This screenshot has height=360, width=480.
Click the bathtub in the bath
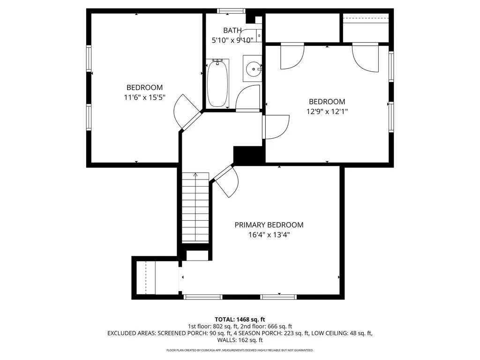[x=217, y=83]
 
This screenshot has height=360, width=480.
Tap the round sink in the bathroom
[x=254, y=69]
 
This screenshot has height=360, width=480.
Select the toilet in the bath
[x=251, y=35]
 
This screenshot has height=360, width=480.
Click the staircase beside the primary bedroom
[x=195, y=208]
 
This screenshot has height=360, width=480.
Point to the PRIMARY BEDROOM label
[x=269, y=225]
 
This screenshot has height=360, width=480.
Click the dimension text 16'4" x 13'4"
[x=269, y=235]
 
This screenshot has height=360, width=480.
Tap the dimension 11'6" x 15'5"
[x=144, y=97]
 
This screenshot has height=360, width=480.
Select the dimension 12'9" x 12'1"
[x=327, y=112]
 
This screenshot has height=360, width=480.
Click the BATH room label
[x=232, y=30]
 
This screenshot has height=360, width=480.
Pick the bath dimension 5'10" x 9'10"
[x=232, y=40]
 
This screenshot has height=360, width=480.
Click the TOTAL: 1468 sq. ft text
[x=240, y=320]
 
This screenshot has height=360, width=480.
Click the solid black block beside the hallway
[x=248, y=155]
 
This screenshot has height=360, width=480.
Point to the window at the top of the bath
[x=231, y=11]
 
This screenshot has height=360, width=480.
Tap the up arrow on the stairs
[x=195, y=175]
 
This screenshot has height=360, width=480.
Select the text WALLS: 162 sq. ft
[x=240, y=340]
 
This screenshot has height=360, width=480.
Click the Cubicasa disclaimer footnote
[x=240, y=350]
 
